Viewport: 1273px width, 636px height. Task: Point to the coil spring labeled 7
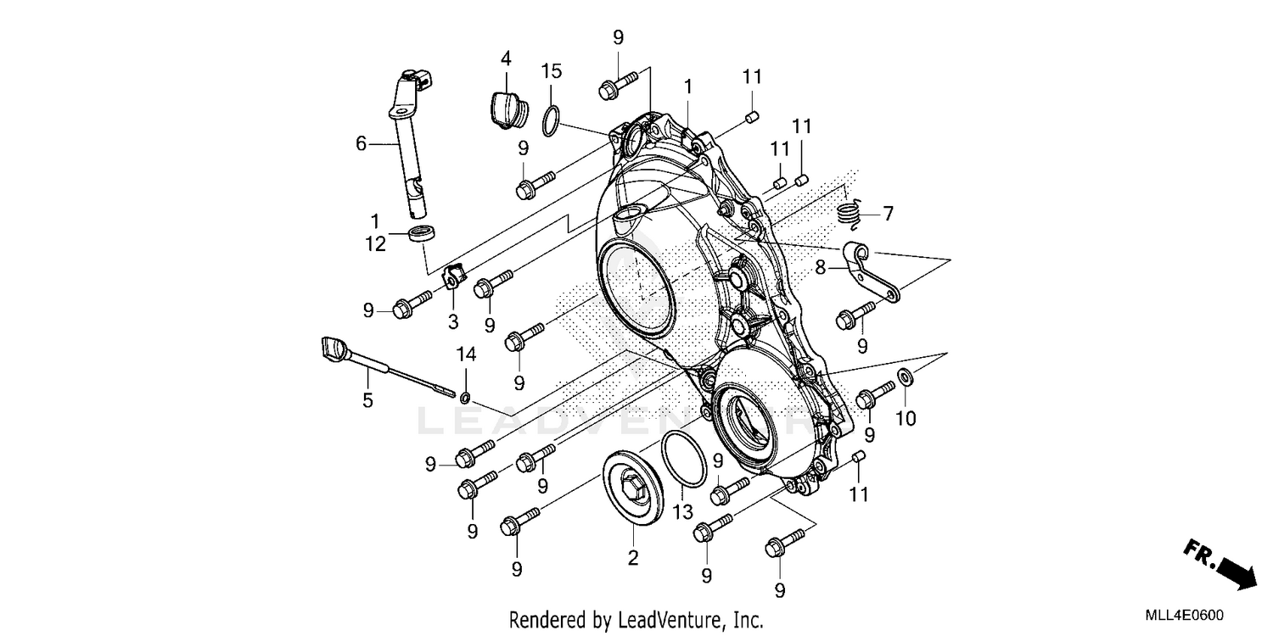pyautogui.click(x=851, y=212)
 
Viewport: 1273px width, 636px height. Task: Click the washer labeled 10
pyautogui.click(x=905, y=376)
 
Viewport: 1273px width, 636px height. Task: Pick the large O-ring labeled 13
pyautogui.click(x=683, y=459)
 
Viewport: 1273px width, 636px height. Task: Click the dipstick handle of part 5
pyautogui.click(x=334, y=349)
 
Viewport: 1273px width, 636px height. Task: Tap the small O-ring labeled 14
pyautogui.click(x=466, y=397)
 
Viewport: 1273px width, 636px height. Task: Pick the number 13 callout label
pyautogui.click(x=683, y=512)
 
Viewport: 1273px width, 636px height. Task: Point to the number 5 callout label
pyautogui.click(x=367, y=400)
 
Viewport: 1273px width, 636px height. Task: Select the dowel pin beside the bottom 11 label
pyautogui.click(x=858, y=458)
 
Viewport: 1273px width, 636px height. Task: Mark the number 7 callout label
pyautogui.click(x=888, y=214)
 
